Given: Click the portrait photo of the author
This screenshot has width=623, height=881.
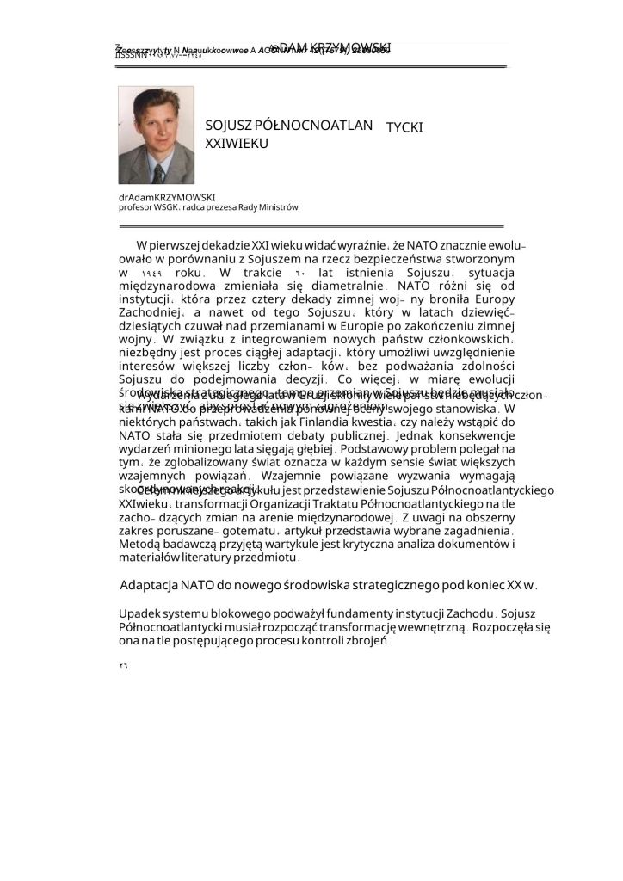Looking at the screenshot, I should pyautogui.click(x=156, y=134).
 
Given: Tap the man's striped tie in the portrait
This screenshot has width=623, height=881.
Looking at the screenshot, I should pyautogui.click(x=158, y=173).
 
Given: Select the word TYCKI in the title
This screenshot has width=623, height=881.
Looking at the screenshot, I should pyautogui.click(x=404, y=127).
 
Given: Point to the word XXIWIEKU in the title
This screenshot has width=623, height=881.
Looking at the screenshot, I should pyautogui.click(x=237, y=143).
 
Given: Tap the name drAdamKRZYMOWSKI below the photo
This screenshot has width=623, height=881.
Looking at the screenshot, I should pyautogui.click(x=166, y=197).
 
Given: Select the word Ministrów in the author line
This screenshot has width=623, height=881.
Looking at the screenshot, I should pyautogui.click(x=278, y=207).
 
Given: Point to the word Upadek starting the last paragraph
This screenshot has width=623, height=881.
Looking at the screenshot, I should pyautogui.click(x=138, y=613).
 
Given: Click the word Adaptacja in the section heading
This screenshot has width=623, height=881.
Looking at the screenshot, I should pyautogui.click(x=149, y=585).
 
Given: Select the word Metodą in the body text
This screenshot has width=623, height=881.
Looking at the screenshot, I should pyautogui.click(x=139, y=545).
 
